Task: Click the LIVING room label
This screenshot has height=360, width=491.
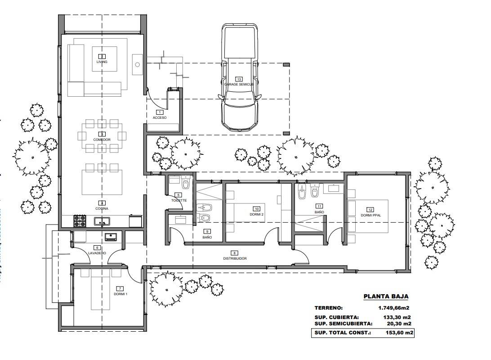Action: click(102, 62)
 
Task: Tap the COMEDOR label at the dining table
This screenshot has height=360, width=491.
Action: click(102, 139)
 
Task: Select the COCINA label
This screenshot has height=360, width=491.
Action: click(102, 209)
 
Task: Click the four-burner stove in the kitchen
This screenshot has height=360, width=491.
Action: click(80, 221)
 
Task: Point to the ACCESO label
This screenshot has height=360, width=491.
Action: click(159, 117)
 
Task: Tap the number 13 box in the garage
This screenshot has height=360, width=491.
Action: click(239, 79)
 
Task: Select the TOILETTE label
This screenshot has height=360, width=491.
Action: click(179, 200)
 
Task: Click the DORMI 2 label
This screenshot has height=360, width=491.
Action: click(257, 215)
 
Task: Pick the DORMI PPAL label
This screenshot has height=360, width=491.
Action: click(370, 216)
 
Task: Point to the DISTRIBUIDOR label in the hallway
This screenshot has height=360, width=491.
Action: click(235, 258)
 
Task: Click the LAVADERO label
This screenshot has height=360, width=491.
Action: click(97, 253)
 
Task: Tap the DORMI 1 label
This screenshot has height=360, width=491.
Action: click(120, 294)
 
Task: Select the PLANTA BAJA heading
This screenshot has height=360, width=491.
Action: click(385, 297)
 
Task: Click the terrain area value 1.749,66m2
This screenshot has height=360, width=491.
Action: click(395, 308)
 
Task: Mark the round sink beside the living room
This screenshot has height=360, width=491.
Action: click(138, 65)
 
